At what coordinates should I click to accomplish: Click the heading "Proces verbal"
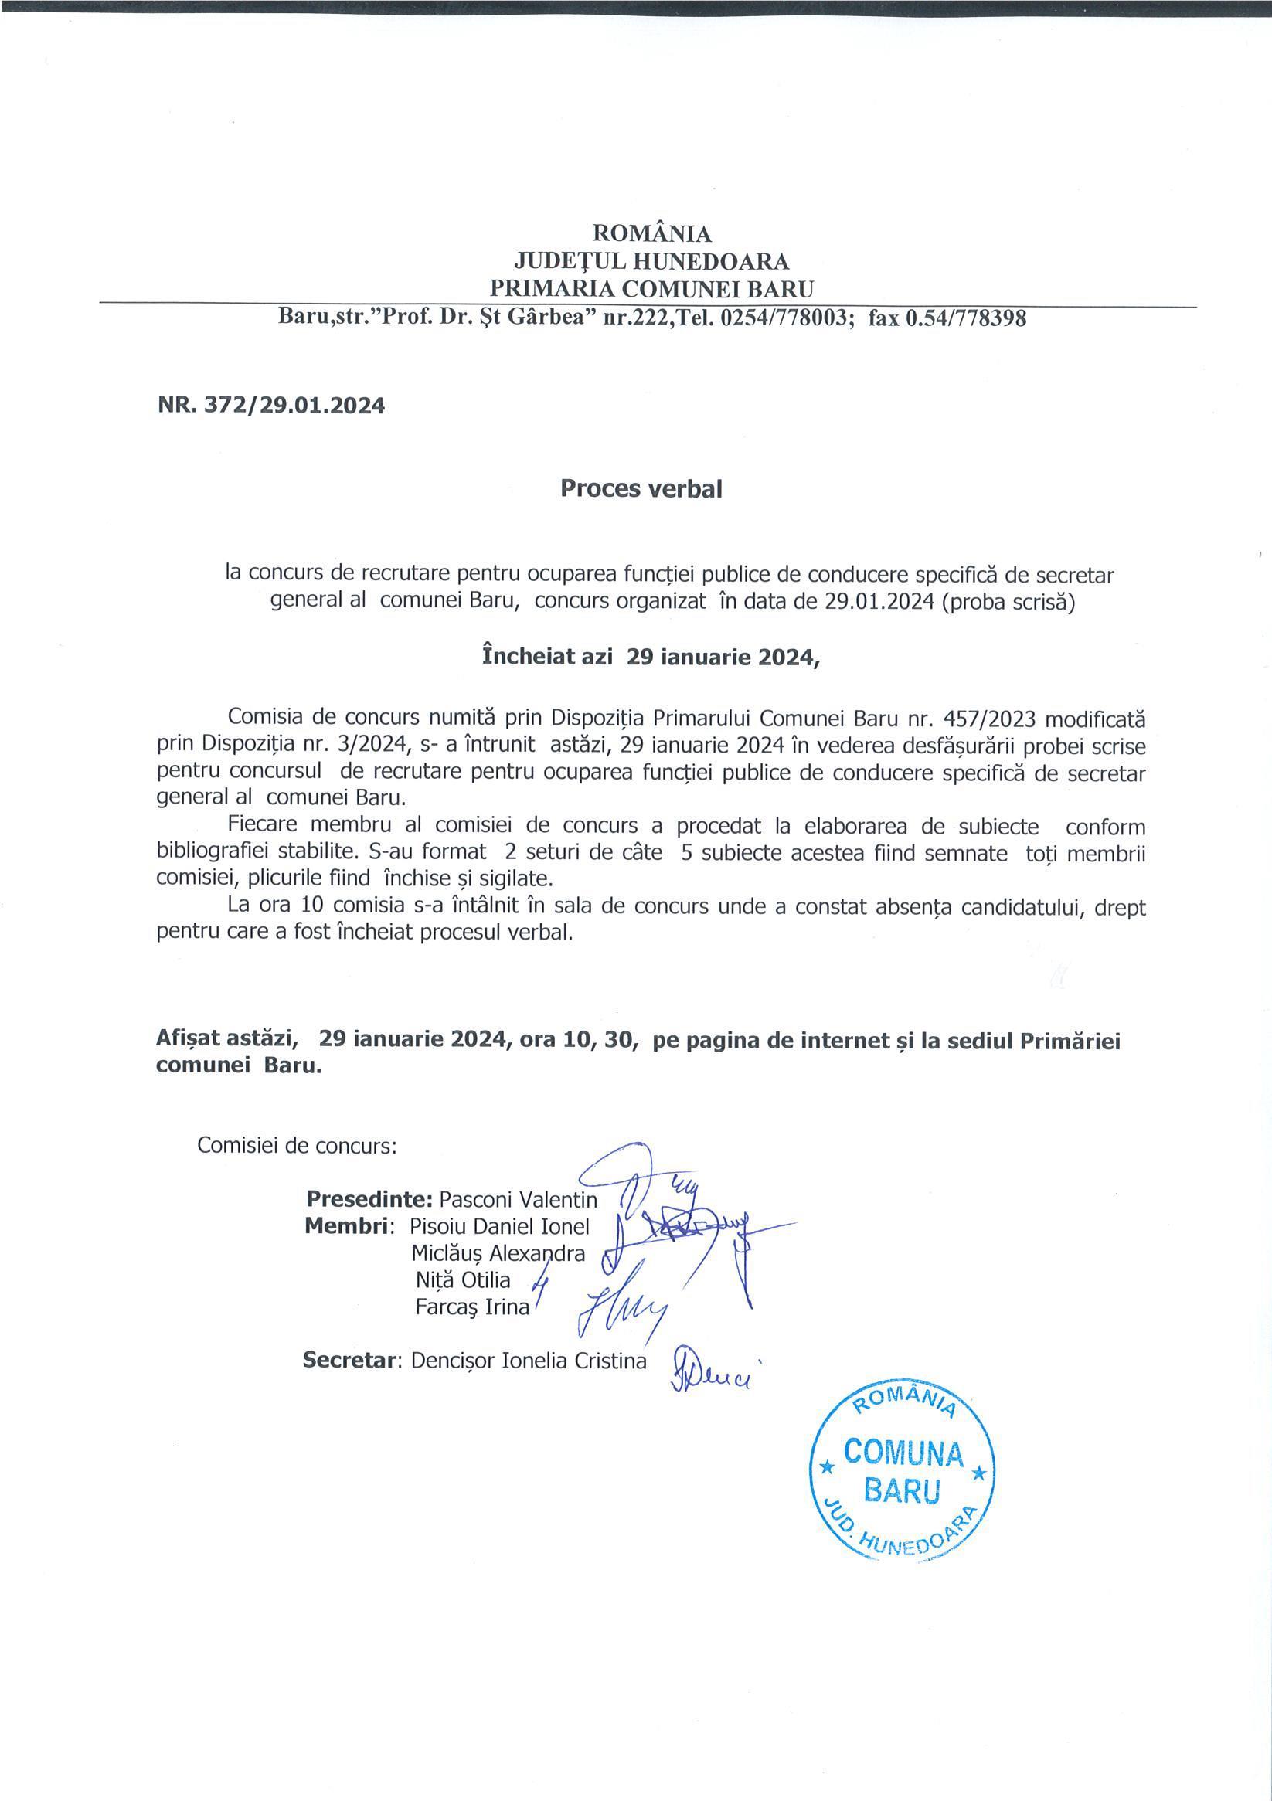(x=641, y=488)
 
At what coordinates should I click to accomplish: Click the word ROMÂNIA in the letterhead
(x=651, y=233)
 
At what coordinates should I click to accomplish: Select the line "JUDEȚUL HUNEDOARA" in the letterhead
(x=651, y=261)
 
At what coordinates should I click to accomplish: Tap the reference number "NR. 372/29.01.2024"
(x=270, y=406)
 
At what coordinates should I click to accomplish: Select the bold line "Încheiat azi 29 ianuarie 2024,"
(x=651, y=658)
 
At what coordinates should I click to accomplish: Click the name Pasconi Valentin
(x=518, y=1199)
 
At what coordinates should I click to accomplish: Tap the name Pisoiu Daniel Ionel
(x=499, y=1226)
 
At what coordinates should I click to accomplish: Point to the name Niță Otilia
(x=463, y=1280)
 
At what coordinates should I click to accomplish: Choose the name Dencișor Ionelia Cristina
(x=528, y=1361)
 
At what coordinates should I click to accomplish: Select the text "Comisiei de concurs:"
(x=297, y=1146)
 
